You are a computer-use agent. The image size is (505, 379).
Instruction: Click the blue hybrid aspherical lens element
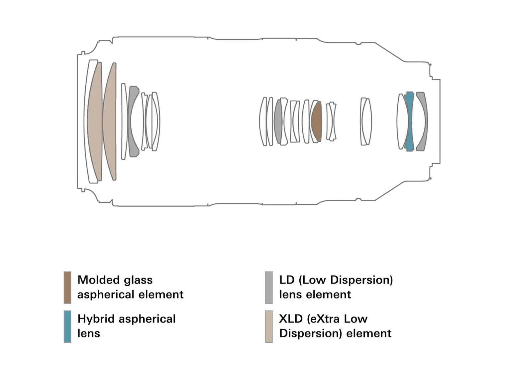point(410,121)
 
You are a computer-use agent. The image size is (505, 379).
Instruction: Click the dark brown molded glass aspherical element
point(317,122)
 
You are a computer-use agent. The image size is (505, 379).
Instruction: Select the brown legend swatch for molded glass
point(67,288)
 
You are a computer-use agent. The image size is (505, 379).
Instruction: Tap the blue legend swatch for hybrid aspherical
point(67,326)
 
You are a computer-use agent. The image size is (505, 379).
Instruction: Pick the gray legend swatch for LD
point(269,288)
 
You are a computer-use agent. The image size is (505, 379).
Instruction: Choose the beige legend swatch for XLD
point(269,326)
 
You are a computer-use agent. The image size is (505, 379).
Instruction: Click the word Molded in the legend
point(96,280)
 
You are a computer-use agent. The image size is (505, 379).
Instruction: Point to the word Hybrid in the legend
point(96,319)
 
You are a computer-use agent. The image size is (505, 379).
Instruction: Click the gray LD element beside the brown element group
point(278,122)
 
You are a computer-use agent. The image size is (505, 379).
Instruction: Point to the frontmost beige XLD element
point(95,121)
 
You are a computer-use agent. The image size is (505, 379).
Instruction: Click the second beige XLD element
point(110,121)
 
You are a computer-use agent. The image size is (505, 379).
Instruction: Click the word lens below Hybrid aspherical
point(89,333)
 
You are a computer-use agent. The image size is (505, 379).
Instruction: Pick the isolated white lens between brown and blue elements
point(365,121)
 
